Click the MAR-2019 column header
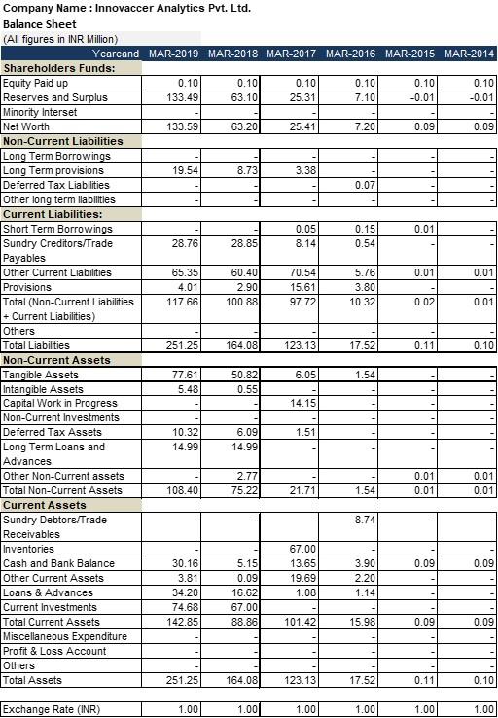pyautogui.click(x=174, y=53)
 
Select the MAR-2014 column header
pyautogui.click(x=469, y=53)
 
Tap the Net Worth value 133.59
pyautogui.click(x=182, y=126)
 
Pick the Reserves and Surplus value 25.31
pyautogui.click(x=304, y=97)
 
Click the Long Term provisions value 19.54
pyautogui.click(x=185, y=170)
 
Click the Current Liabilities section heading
pyautogui.click(x=66, y=214)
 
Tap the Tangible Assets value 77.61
pyautogui.click(x=185, y=375)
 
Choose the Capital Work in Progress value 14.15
pyautogui.click(x=304, y=403)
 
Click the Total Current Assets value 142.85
pyautogui.click(x=182, y=622)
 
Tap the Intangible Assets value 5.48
pyautogui.click(x=187, y=388)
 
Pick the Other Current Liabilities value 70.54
pyautogui.click(x=304, y=272)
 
